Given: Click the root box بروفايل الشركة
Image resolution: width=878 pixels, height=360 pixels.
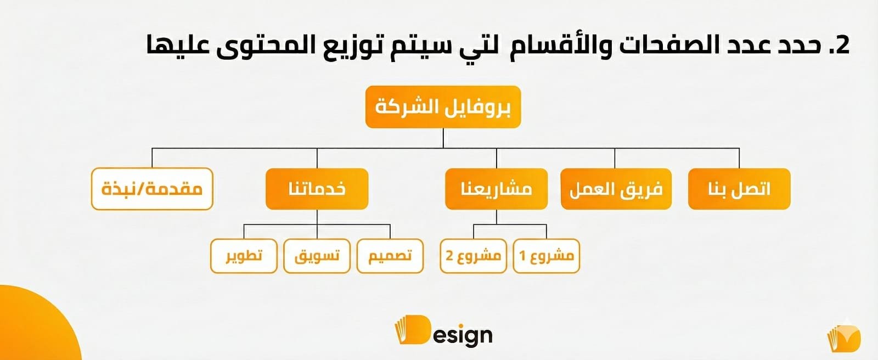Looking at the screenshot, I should tap(443, 107).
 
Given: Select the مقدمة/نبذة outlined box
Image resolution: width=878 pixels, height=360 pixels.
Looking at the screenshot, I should tap(152, 189).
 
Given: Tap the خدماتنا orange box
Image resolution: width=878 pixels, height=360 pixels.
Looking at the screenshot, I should tap(317, 189).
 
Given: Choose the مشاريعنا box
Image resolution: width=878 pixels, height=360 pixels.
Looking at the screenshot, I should tap(496, 189).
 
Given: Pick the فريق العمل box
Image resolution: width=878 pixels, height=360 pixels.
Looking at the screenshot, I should tap(616, 189).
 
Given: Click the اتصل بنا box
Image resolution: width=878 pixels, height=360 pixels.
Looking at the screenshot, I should tap(739, 189).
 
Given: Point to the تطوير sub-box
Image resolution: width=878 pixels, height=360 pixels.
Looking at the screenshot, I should tap(244, 256).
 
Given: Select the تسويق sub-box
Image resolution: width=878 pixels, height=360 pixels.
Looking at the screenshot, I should tap(317, 256).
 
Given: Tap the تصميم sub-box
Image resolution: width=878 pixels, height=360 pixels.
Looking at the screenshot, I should tap(390, 256).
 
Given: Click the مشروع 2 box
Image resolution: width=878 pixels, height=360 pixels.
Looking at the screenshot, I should tap(473, 256).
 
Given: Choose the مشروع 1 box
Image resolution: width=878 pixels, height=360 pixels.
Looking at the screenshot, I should tap(546, 256).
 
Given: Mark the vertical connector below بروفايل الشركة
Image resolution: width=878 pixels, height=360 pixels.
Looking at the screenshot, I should tap(443, 138).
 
